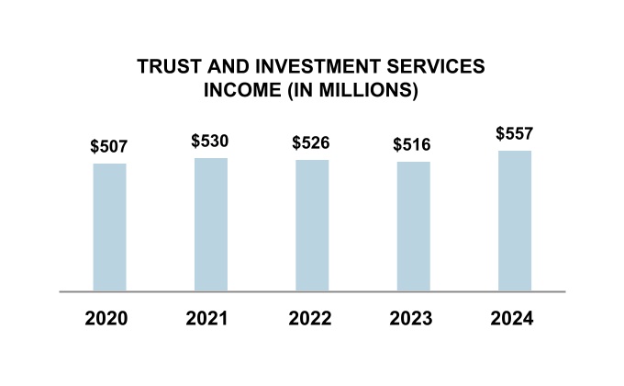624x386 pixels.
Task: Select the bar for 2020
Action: tap(109, 227)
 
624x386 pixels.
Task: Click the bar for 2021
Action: tap(211, 224)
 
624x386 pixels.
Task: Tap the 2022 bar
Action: tap(312, 225)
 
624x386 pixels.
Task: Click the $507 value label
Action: tap(109, 146)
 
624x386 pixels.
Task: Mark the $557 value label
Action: tap(514, 133)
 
